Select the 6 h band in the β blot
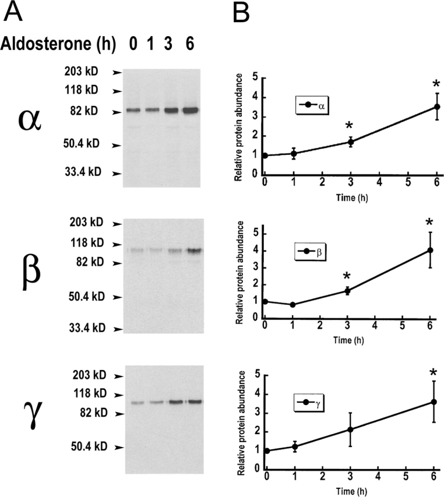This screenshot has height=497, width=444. click(x=193, y=251)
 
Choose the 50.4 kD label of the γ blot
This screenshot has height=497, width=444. click(x=84, y=447)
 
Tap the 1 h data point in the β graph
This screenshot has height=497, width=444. click(x=293, y=305)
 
